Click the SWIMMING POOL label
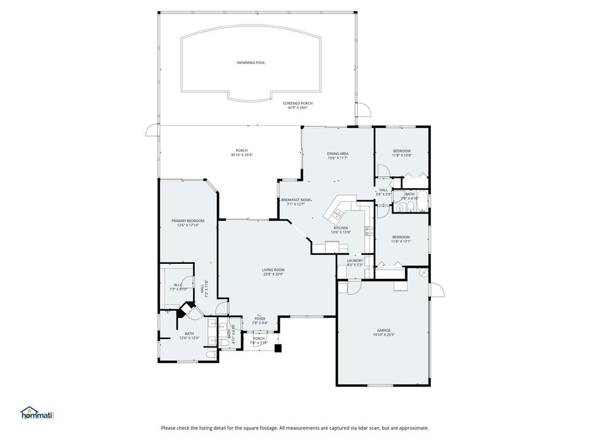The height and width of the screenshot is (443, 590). pyautogui.click(x=251, y=63)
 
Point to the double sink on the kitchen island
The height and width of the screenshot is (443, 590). pyautogui.click(x=337, y=214)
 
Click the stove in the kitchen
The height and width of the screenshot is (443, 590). pyautogui.click(x=368, y=231)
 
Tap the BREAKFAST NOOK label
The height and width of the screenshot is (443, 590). pyautogui.click(x=296, y=200)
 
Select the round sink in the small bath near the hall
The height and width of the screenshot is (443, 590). pyautogui.click(x=400, y=209)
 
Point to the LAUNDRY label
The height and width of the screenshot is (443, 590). pyautogui.click(x=355, y=260)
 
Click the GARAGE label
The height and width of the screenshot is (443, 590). pyautogui.click(x=383, y=330)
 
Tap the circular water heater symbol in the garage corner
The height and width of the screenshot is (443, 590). pyautogui.click(x=423, y=273)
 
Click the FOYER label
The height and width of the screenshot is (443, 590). pyautogui.click(x=260, y=318)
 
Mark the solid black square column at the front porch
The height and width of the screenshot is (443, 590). pyautogui.click(x=278, y=348)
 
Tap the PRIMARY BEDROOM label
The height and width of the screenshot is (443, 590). pyautogui.click(x=187, y=220)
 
